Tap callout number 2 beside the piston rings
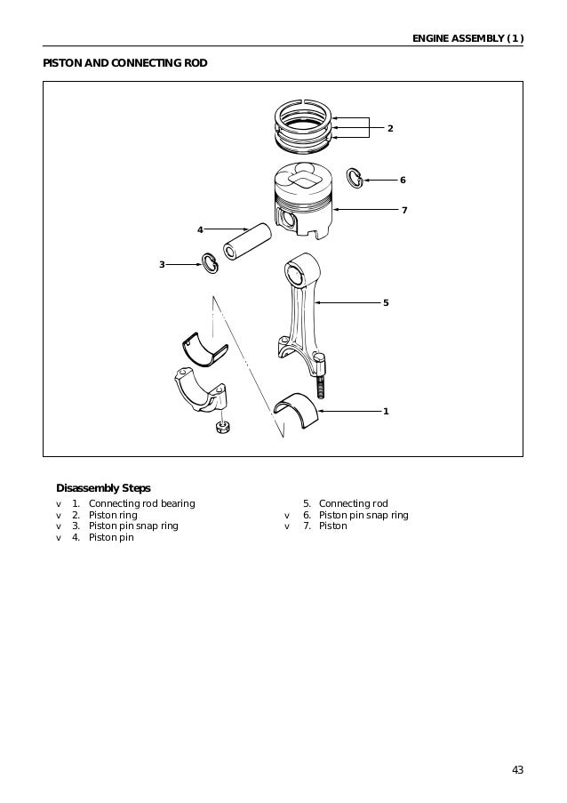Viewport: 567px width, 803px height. [389, 129]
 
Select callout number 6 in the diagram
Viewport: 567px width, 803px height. [402, 181]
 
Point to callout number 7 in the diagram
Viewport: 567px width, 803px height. [403, 211]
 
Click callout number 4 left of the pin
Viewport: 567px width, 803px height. [200, 230]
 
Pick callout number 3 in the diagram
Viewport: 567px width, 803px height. [162, 264]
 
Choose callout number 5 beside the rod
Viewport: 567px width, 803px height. [386, 303]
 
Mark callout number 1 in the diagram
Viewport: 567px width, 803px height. [386, 412]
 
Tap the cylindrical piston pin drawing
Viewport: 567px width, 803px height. [249, 240]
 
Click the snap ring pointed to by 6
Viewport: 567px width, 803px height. [354, 178]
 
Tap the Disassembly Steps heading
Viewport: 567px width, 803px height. [103, 488]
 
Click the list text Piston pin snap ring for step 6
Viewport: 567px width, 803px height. [363, 515]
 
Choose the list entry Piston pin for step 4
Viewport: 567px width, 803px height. [111, 537]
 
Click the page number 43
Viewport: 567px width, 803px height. [517, 769]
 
